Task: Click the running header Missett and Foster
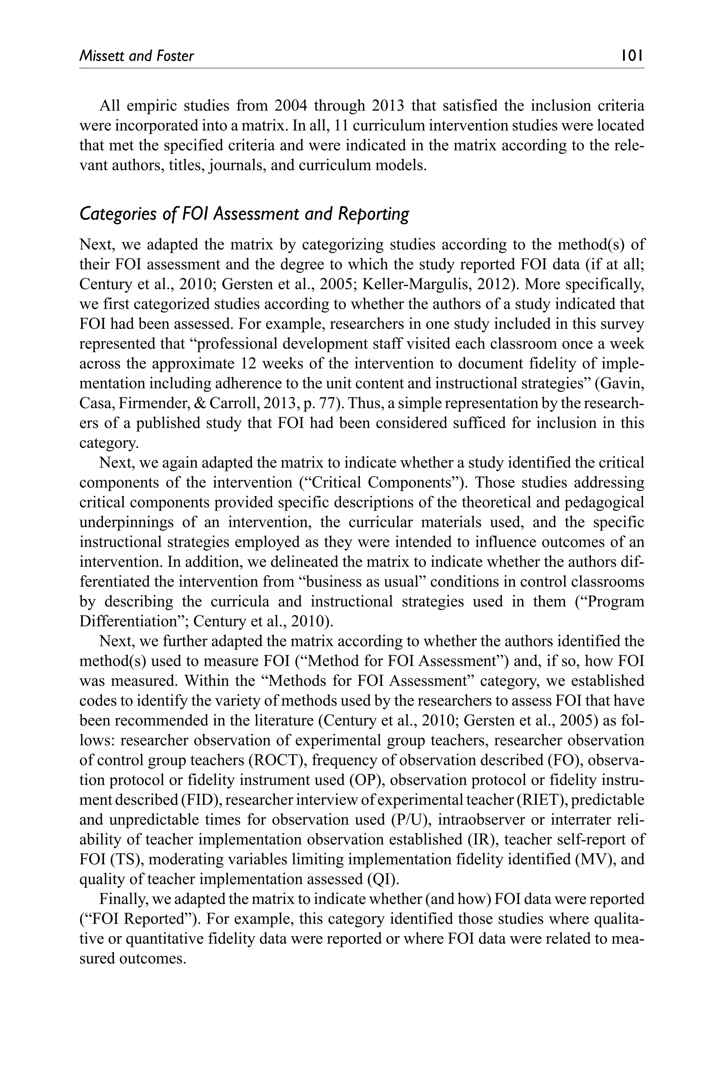click(137, 56)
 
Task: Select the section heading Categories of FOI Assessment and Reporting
click(244, 214)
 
